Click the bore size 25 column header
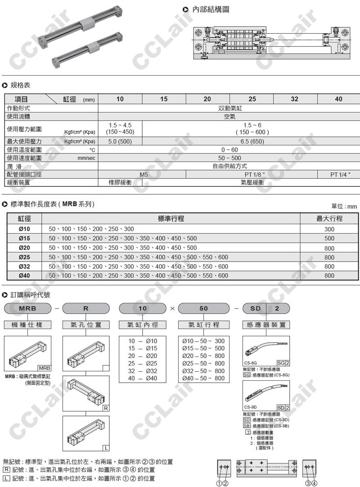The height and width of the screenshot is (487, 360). point(252,99)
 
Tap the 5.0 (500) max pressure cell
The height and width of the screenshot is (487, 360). point(120,141)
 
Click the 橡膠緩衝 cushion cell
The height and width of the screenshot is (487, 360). point(120,182)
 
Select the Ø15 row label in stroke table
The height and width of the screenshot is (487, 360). point(24,238)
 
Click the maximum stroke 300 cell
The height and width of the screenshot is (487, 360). point(329,229)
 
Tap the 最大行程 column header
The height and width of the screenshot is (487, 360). point(329,219)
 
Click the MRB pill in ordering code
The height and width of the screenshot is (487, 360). point(27,308)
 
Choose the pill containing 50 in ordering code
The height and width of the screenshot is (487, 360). point(203,308)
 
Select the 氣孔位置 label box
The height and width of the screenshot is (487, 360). point(86,325)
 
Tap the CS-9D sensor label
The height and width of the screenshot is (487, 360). point(250,407)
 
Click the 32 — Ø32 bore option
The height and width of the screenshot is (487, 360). point(143,371)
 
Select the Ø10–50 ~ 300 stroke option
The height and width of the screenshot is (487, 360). point(203,341)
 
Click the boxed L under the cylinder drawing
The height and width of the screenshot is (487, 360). point(105,448)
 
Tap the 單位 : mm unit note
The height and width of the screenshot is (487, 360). point(344,206)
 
